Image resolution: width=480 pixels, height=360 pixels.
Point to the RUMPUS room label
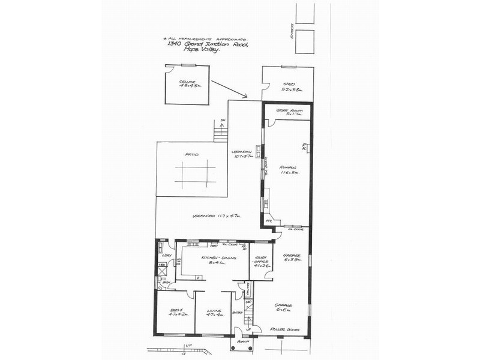point(289,169)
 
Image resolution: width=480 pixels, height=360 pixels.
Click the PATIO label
point(191,154)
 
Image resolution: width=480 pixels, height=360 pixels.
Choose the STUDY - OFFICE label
point(261,259)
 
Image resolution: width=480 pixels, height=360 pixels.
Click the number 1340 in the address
point(174,44)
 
